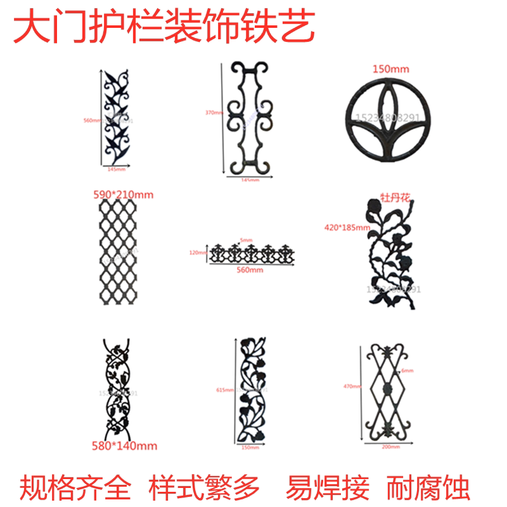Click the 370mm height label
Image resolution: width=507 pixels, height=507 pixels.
coord(214,113)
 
